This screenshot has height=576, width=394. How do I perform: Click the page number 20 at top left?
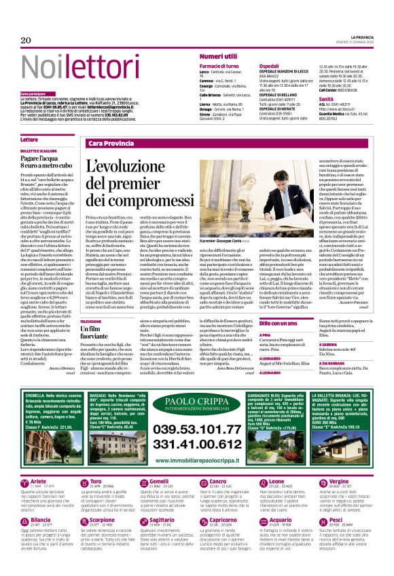[26, 41]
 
